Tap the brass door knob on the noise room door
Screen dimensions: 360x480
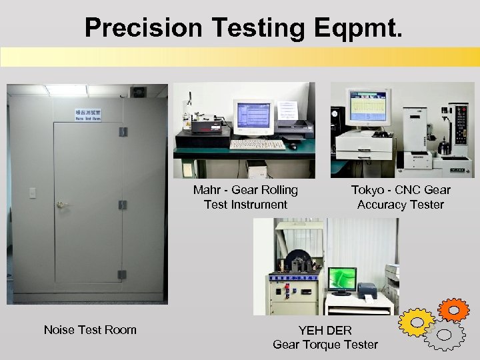coord(61,205)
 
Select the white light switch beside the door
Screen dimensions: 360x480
coord(31,193)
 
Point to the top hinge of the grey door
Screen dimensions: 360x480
coord(123,131)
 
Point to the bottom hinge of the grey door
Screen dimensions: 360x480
coord(122,274)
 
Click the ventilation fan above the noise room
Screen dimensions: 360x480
coord(138,92)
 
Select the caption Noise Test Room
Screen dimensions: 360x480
coord(90,329)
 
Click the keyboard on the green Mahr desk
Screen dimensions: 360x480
coord(257,144)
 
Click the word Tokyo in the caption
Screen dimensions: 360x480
coord(368,190)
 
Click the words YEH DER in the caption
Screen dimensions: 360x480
coord(325,330)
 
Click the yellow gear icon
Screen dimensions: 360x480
coord(417,323)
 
